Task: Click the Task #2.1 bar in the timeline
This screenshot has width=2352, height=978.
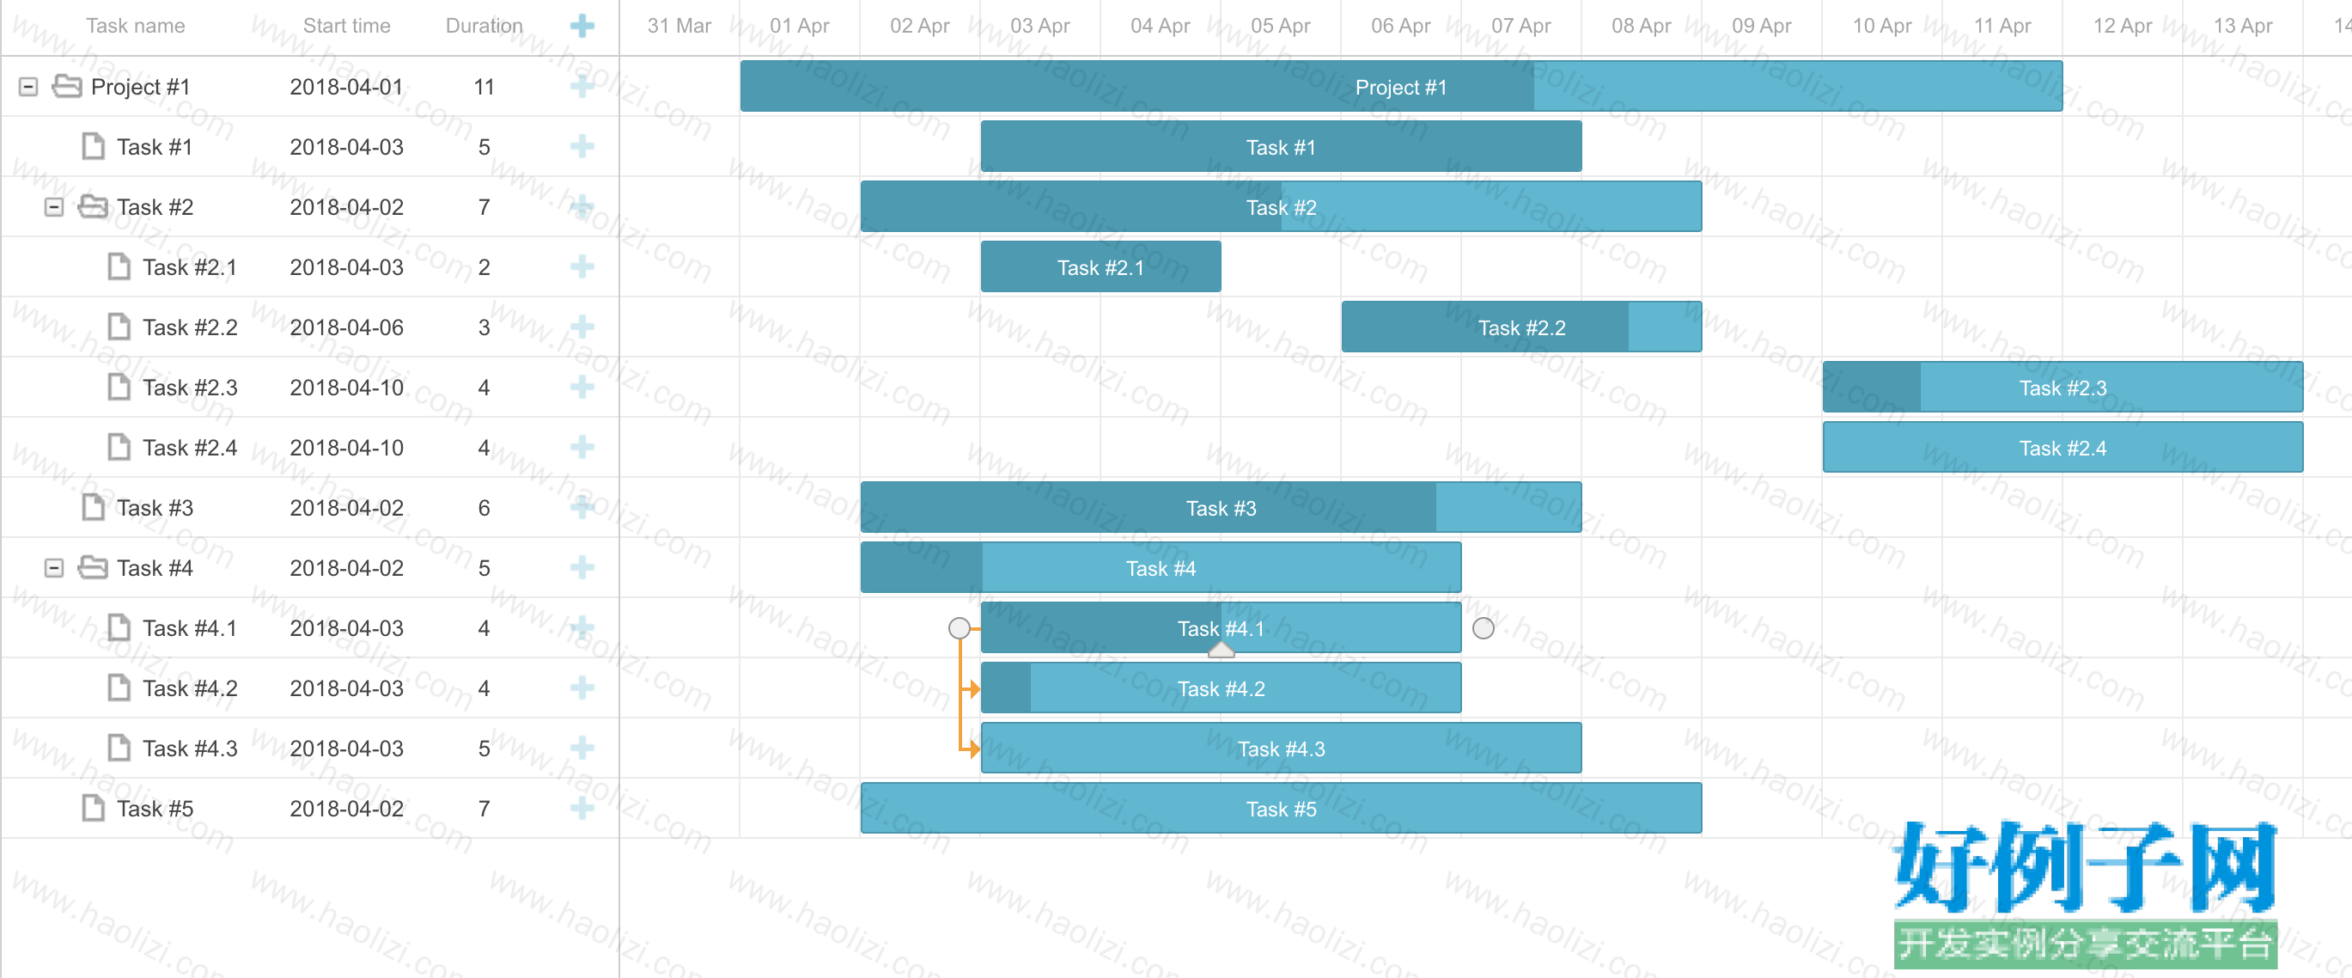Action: point(1100,266)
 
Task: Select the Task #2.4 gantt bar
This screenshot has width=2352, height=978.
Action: point(2063,448)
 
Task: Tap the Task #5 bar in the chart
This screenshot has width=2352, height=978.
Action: point(1281,808)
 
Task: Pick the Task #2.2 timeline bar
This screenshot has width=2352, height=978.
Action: point(1521,327)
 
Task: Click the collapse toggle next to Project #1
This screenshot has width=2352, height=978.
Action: point(28,87)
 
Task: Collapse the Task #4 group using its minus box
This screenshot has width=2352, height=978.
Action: point(54,568)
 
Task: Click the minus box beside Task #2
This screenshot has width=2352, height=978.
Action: point(54,207)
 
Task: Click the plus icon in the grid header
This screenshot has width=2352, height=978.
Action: point(582,26)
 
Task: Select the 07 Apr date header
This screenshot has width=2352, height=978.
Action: point(1521,26)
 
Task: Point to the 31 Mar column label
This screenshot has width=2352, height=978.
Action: point(679,26)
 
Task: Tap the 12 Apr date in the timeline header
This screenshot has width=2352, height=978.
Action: point(2122,26)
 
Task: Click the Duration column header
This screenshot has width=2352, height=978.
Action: point(484,26)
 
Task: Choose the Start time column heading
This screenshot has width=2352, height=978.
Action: point(347,26)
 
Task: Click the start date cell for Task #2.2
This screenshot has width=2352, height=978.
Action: point(347,327)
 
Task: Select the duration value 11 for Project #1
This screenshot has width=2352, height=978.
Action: point(484,87)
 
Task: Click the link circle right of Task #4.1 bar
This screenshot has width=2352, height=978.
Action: point(1484,628)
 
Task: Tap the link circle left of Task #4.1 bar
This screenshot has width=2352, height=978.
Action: point(959,628)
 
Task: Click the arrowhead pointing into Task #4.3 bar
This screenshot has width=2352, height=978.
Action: point(975,749)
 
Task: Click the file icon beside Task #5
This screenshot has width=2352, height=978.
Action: point(93,808)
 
